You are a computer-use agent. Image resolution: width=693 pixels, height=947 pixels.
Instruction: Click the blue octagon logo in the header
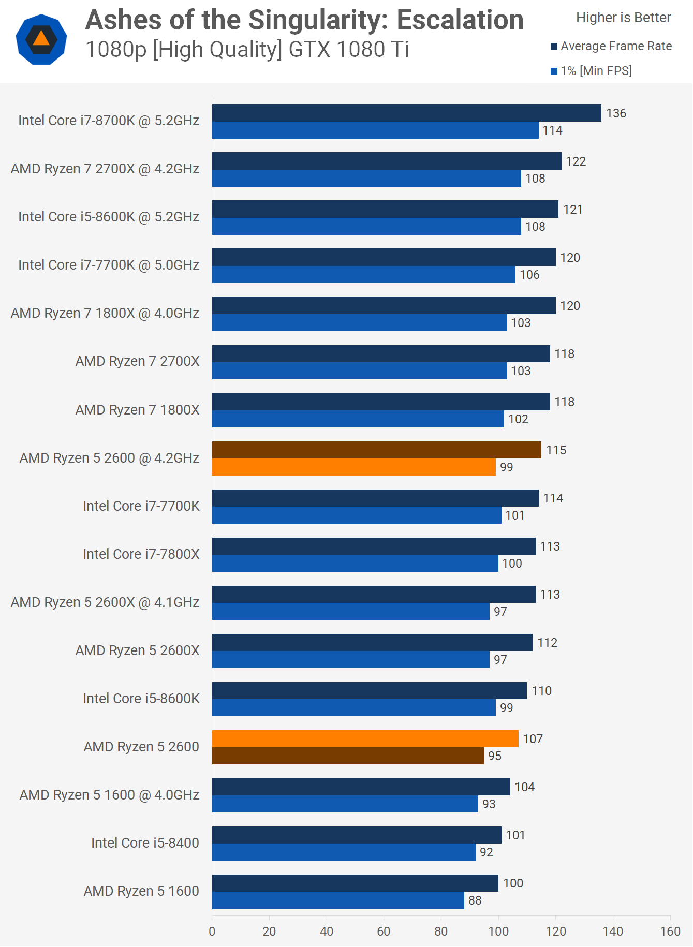pyautogui.click(x=41, y=39)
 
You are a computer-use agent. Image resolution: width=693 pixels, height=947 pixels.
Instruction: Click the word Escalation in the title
pyautogui.click(x=460, y=21)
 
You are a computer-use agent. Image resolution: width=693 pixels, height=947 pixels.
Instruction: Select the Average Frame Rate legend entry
pyautogui.click(x=615, y=46)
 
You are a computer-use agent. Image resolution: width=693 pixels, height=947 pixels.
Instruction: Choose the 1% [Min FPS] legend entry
pyautogui.click(x=595, y=71)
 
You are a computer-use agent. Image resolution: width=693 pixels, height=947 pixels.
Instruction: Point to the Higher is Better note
pyautogui.click(x=623, y=18)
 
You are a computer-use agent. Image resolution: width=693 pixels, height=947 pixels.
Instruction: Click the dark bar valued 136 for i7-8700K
pyautogui.click(x=406, y=113)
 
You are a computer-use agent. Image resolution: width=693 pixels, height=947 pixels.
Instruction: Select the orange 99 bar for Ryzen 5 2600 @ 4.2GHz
pyautogui.click(x=353, y=467)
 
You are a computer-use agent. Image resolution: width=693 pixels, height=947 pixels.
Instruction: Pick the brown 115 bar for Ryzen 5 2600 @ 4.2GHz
pyautogui.click(x=376, y=450)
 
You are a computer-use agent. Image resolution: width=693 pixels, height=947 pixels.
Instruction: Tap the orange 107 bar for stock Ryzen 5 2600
pyautogui.click(x=365, y=739)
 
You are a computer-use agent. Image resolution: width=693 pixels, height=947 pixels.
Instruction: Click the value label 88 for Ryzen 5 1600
pyautogui.click(x=475, y=900)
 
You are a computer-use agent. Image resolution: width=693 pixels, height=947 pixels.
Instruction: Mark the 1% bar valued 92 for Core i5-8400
pyautogui.click(x=344, y=852)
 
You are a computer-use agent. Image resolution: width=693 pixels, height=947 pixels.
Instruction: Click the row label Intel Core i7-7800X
pyautogui.click(x=141, y=554)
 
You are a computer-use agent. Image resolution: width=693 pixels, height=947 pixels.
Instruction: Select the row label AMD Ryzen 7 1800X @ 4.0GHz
pyautogui.click(x=105, y=313)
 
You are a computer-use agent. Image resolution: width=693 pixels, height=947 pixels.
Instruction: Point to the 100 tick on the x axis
pyautogui.click(x=498, y=931)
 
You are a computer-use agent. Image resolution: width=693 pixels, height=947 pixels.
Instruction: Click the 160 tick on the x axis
pyautogui.click(x=670, y=931)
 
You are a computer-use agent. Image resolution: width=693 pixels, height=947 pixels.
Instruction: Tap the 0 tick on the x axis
pyautogui.click(x=212, y=931)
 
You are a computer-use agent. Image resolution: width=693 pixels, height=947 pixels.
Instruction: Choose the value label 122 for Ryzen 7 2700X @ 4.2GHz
pyautogui.click(x=576, y=161)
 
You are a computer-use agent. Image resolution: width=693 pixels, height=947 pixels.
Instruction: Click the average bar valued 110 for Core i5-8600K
pyautogui.click(x=369, y=691)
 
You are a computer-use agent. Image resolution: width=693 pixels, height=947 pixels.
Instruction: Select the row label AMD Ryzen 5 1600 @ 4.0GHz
pyautogui.click(x=109, y=795)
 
